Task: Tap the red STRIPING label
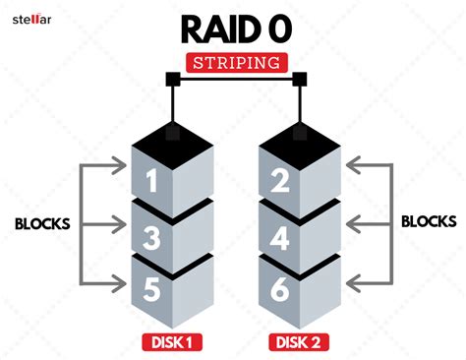pos(233,62)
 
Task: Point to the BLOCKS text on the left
pos(41,223)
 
